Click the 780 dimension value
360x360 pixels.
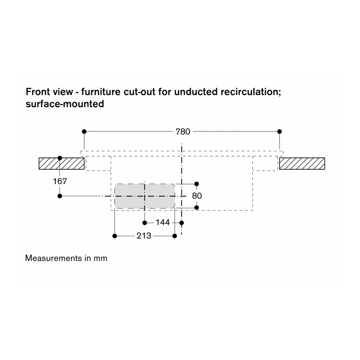click(183, 132)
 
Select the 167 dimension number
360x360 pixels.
click(60, 181)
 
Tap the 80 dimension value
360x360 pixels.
click(197, 196)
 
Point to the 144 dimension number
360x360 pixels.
click(162, 222)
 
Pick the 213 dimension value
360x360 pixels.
click(144, 236)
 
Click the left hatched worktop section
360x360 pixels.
click(62, 163)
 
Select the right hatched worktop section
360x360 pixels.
click(302, 163)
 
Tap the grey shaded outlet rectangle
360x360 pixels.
click(144, 196)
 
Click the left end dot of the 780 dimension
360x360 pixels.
click(84, 131)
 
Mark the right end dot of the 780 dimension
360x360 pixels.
click(279, 131)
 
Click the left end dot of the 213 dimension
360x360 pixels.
click(115, 236)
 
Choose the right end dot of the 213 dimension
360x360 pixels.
click(175, 236)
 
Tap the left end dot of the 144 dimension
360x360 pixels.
click(144, 223)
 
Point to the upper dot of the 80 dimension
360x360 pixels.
click(197, 184)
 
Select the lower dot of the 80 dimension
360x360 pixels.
click(197, 207)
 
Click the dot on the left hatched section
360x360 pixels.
click(60, 158)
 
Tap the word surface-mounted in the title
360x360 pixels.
click(65, 104)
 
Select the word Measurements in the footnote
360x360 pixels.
click(54, 258)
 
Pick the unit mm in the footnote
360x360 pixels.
click(100, 259)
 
